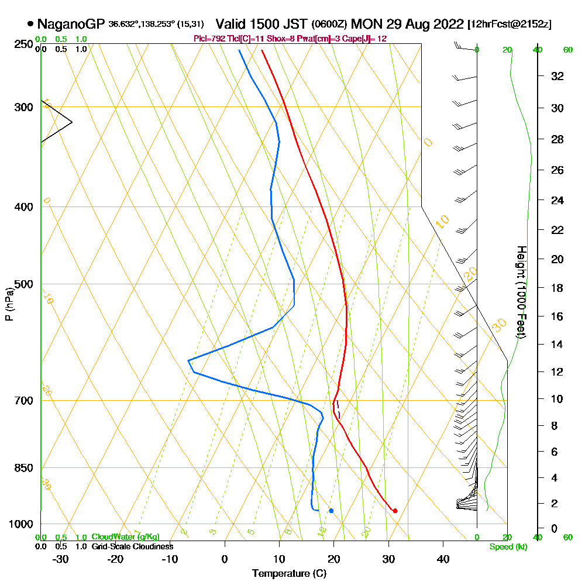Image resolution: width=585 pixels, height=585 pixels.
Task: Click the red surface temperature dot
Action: pyautogui.click(x=395, y=511)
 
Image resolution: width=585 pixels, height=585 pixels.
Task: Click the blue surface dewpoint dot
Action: pyautogui.click(x=331, y=511)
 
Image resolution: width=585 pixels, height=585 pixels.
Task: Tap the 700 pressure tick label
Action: pyautogui.click(x=23, y=401)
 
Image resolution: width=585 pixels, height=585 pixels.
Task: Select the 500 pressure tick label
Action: pyautogui.click(x=23, y=284)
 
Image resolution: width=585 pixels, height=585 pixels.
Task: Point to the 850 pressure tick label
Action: pyautogui.click(x=23, y=468)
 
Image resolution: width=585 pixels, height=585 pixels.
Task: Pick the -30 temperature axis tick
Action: pyautogui.click(x=61, y=558)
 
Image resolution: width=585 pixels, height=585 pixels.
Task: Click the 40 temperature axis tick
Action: pyautogui.click(x=443, y=558)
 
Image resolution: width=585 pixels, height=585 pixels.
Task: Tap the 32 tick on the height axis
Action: pyautogui.click(x=557, y=76)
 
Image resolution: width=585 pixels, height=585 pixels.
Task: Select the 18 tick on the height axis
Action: pyautogui.click(x=557, y=288)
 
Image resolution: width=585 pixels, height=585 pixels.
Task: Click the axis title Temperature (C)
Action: pyautogui.click(x=289, y=574)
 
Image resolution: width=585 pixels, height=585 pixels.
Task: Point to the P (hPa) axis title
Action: pyautogui.click(x=9, y=304)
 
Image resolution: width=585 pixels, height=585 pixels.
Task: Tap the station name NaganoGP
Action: pyautogui.click(x=71, y=24)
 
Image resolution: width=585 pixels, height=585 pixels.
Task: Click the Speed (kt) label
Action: pyautogui.click(x=507, y=547)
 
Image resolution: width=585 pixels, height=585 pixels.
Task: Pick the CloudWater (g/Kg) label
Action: pyautogui.click(x=125, y=537)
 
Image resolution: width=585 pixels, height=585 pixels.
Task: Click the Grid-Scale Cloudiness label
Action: pyautogui.click(x=132, y=546)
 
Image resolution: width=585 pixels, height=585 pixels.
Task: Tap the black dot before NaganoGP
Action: pyautogui.click(x=30, y=24)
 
